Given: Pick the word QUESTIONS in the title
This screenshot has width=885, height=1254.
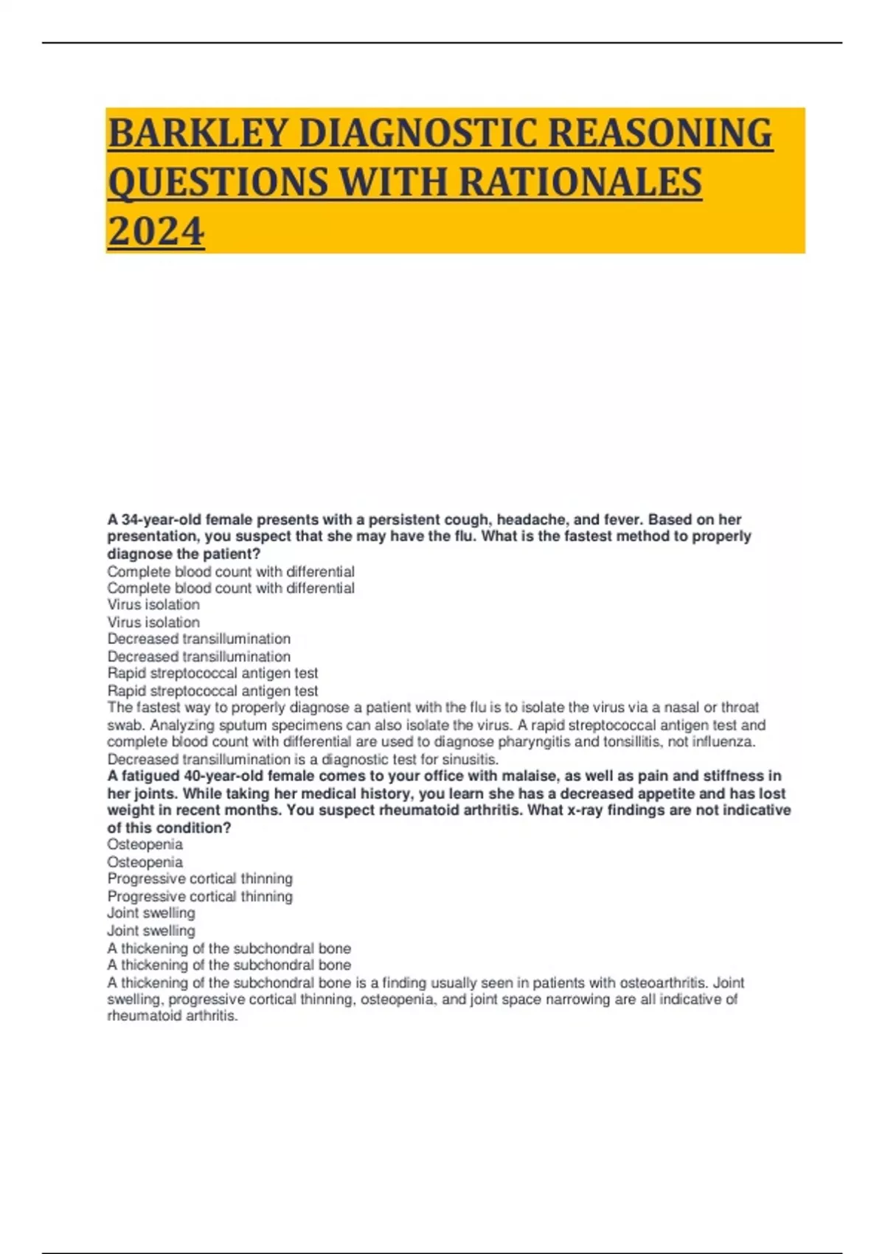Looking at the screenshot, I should [x=217, y=182].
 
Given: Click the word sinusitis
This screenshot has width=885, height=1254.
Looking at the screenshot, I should [x=468, y=759].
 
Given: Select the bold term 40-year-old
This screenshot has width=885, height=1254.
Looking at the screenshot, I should [x=218, y=776].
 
